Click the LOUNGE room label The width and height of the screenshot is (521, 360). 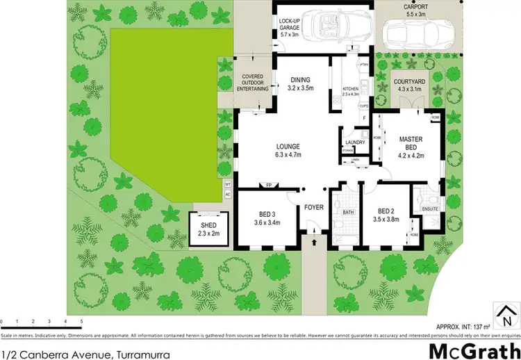pos(288,147)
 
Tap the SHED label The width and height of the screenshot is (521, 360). pos(208,226)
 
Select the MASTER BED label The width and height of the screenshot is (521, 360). pos(411,140)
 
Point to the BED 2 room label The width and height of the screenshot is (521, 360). pos(386,211)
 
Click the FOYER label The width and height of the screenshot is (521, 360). pos(315,207)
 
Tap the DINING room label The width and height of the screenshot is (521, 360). pos(300,80)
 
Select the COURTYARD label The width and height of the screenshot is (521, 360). pos(409,81)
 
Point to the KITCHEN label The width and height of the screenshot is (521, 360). pos(351,89)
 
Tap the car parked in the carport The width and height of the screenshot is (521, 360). pos(417,32)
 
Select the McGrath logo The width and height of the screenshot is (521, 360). pos(474,349)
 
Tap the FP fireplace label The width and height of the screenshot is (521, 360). pos(268,185)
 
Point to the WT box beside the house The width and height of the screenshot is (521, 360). pos(227,184)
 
